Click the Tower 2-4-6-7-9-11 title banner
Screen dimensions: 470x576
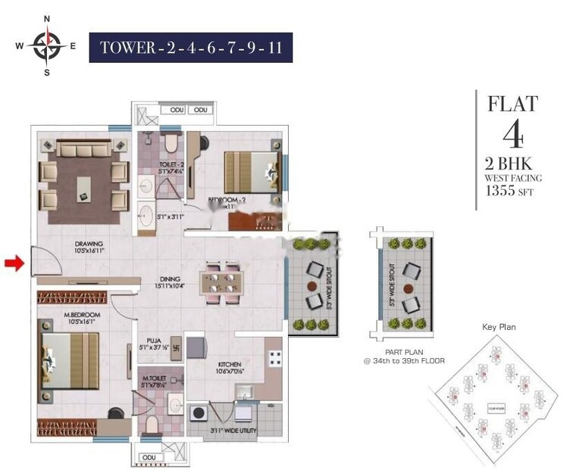point(190,48)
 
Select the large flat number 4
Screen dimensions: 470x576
point(512,135)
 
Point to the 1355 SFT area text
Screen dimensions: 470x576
point(509,192)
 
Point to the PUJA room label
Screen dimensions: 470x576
point(152,342)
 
